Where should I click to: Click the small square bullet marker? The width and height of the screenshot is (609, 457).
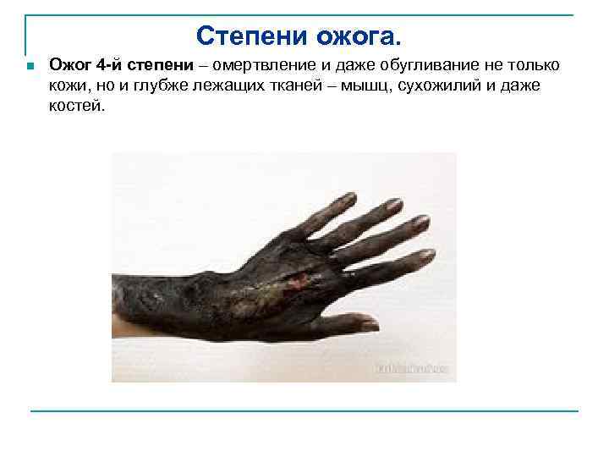(x=29, y=67)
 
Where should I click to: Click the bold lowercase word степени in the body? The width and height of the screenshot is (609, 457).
(x=160, y=66)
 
